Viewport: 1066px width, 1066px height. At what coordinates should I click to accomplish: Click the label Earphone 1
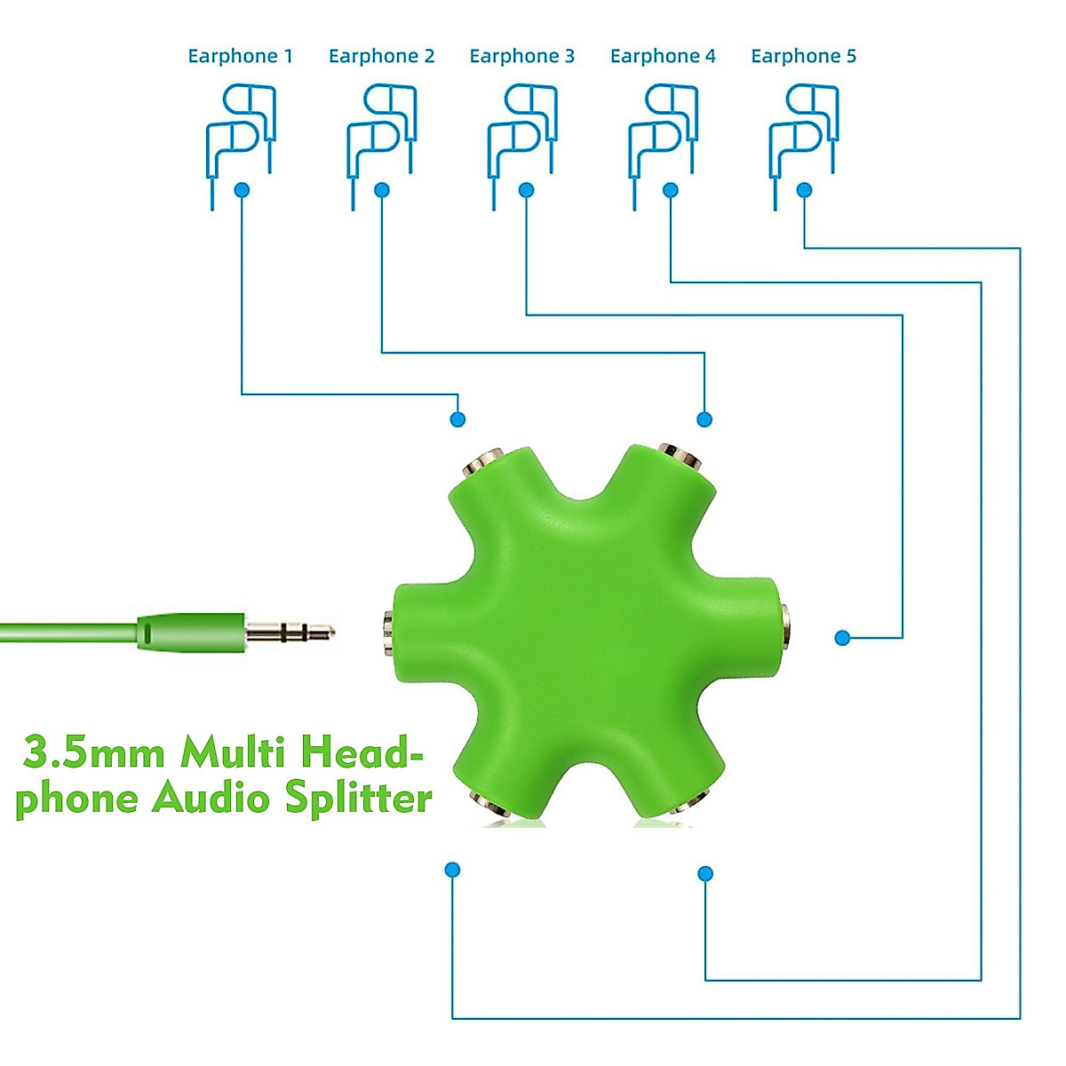pyautogui.click(x=240, y=56)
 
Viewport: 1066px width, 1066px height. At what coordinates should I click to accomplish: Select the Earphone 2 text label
pyautogui.click(x=381, y=56)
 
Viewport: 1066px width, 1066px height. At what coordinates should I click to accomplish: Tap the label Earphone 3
pyautogui.click(x=521, y=56)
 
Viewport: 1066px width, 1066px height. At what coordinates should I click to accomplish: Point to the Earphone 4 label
pyautogui.click(x=663, y=56)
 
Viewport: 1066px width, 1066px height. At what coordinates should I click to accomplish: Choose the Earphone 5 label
pyautogui.click(x=803, y=56)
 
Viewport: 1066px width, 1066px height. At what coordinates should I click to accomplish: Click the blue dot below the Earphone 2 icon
pyautogui.click(x=382, y=190)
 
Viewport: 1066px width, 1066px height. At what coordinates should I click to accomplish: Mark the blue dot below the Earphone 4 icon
pyautogui.click(x=671, y=190)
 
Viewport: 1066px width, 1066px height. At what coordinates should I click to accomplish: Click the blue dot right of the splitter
pyautogui.click(x=842, y=637)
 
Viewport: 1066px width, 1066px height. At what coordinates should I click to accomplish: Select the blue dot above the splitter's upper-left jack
pyautogui.click(x=457, y=419)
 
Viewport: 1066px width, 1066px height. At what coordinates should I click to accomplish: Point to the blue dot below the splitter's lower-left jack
pyautogui.click(x=452, y=869)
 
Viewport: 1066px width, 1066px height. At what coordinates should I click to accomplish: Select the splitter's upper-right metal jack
pyautogui.click(x=680, y=457)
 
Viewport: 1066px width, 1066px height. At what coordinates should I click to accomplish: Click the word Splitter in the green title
pyautogui.click(x=358, y=798)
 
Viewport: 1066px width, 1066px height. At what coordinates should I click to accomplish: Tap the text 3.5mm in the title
pyautogui.click(x=94, y=753)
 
